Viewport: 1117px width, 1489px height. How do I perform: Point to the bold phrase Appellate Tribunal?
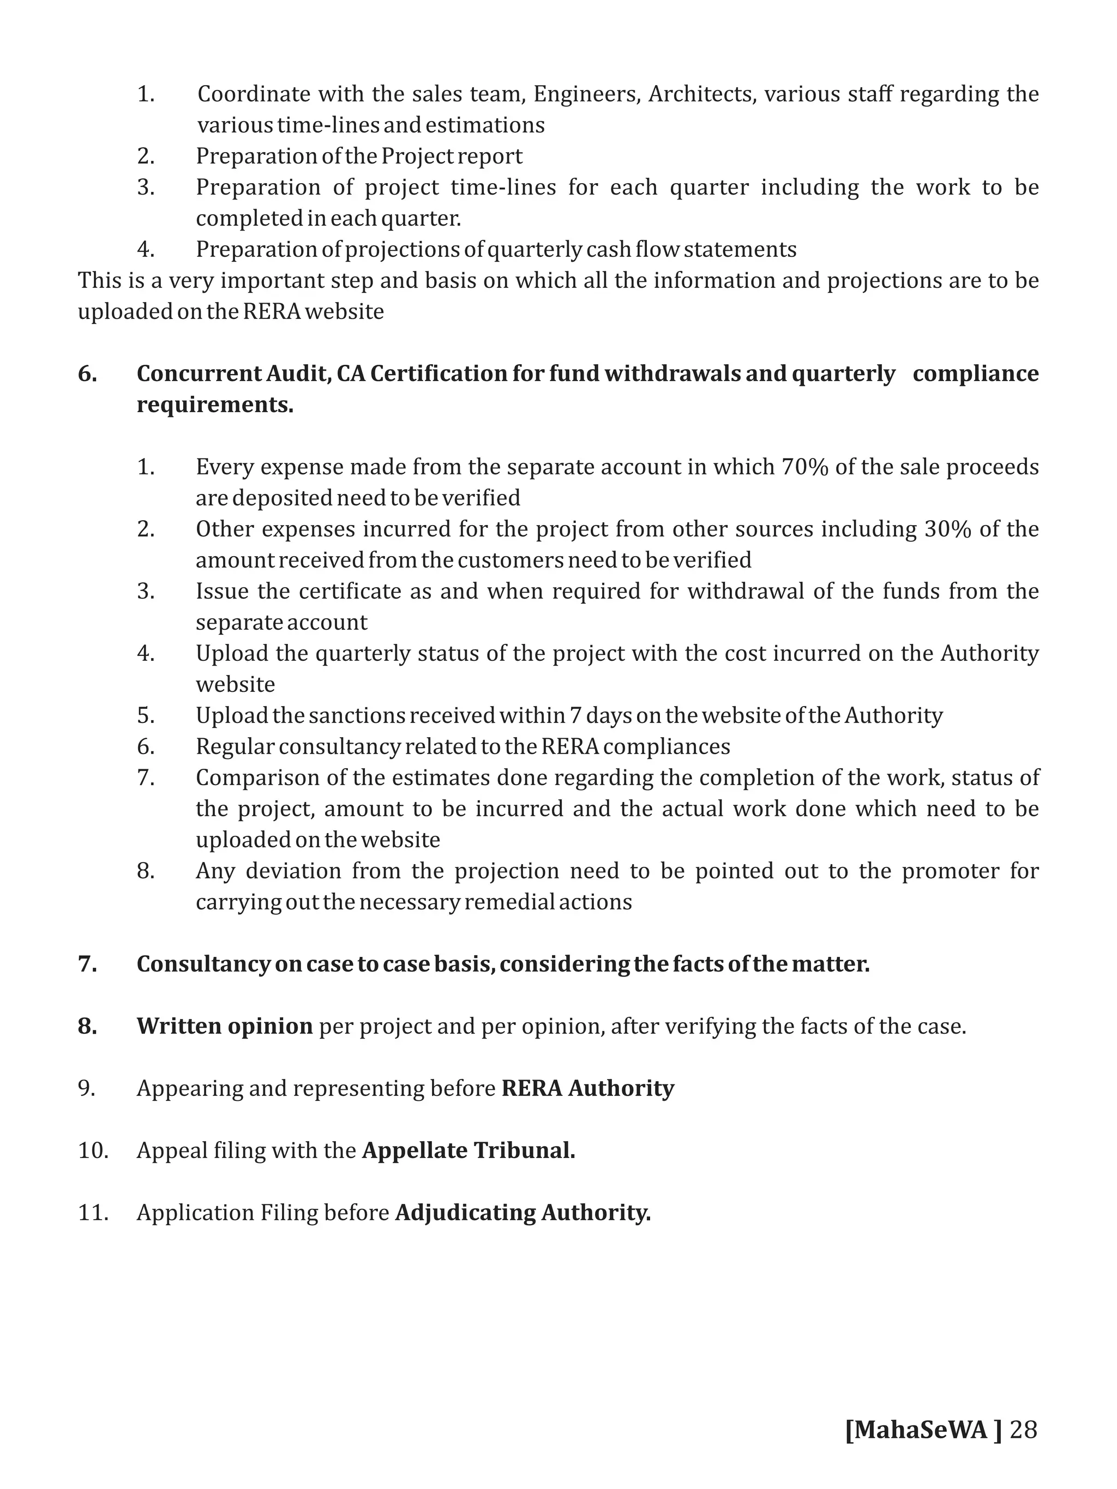click(469, 1150)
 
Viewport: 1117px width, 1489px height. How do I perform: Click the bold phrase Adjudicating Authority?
click(523, 1213)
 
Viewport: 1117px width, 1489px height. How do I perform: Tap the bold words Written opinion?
click(224, 1026)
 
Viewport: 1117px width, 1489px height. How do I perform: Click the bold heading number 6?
click(87, 373)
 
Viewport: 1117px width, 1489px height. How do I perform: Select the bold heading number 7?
click(87, 964)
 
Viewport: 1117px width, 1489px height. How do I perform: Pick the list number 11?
click(93, 1213)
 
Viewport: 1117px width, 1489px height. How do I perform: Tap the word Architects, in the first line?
click(701, 94)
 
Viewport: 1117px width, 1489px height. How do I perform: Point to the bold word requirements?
click(215, 405)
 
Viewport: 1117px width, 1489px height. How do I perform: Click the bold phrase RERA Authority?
click(588, 1088)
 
